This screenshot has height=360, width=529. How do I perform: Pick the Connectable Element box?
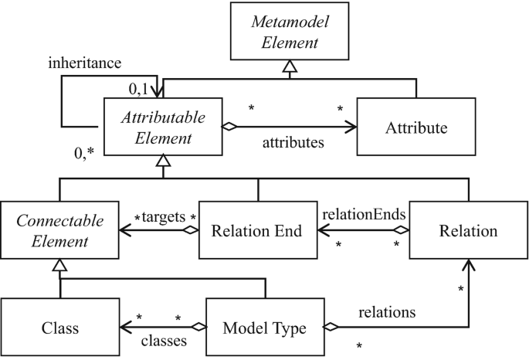[58, 229]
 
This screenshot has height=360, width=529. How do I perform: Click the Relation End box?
[257, 229]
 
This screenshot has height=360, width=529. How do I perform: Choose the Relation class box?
[466, 229]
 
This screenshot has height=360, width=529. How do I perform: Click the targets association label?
[164, 219]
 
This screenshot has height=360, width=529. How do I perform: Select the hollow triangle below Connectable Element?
[59, 264]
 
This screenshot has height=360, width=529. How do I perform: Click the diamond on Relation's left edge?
[400, 229]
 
